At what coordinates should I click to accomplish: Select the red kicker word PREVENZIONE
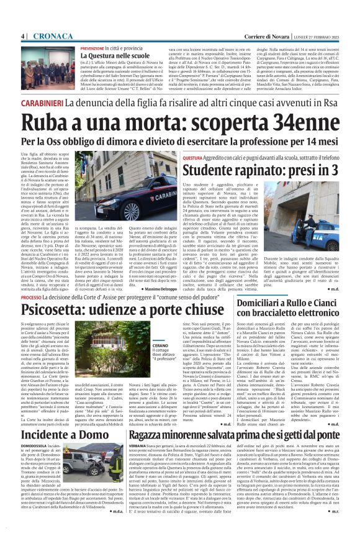pos(92,48)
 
